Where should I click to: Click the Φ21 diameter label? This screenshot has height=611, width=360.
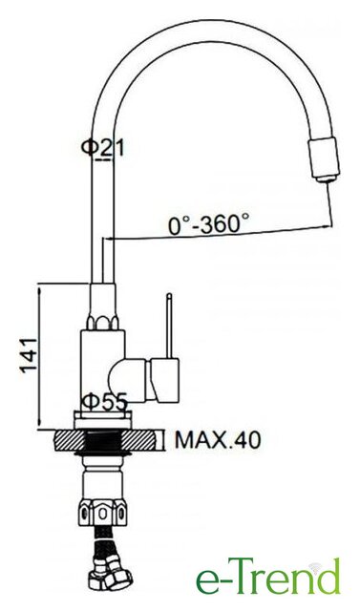[102, 149]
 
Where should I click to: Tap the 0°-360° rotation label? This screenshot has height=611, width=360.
[208, 225]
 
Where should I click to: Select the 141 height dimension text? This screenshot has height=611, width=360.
[30, 355]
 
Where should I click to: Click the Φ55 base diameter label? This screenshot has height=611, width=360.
[104, 402]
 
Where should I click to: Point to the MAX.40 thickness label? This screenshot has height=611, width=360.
[218, 440]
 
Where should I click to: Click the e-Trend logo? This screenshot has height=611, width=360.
[268, 577]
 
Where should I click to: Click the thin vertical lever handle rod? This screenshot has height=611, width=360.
[169, 326]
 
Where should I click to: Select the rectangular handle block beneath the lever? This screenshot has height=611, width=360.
[165, 380]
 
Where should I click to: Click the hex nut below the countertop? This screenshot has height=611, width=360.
[103, 514]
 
